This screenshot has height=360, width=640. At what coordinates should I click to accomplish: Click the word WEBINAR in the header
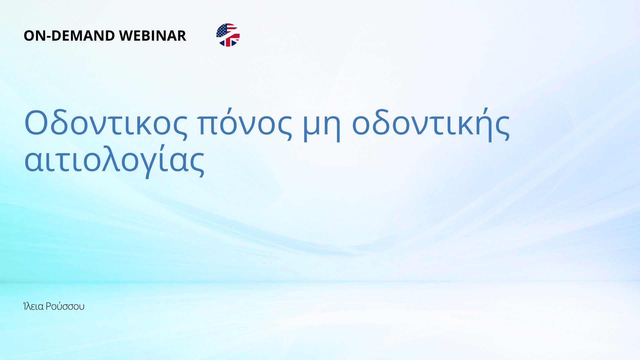coord(153,36)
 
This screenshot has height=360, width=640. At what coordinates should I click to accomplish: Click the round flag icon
coord(228,35)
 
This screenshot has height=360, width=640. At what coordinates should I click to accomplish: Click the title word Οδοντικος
coord(106,123)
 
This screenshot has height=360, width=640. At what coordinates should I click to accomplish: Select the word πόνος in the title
coord(245,123)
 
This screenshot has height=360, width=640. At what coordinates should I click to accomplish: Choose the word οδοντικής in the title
coord(431,123)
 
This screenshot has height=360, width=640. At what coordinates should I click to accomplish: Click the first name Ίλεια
coord(34,306)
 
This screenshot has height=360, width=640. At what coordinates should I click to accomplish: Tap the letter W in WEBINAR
coord(127,36)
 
